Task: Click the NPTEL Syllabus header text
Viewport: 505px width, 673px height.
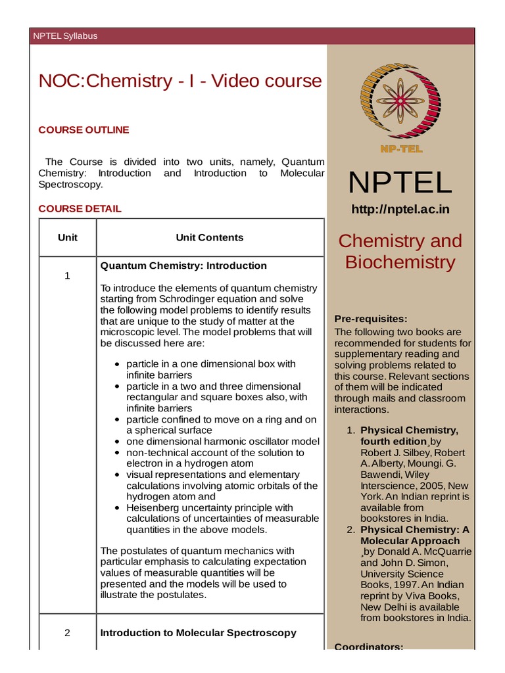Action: click(65, 36)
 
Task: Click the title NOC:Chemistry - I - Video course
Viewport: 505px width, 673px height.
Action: click(180, 81)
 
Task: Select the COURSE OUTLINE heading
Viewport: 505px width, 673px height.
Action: click(84, 129)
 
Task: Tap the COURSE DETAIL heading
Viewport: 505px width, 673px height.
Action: click(80, 208)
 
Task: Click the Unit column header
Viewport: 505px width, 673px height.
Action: click(67, 237)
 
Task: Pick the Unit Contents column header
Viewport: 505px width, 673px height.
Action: click(209, 237)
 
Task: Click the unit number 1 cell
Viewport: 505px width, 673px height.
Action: click(67, 275)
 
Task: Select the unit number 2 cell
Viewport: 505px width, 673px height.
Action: click(67, 633)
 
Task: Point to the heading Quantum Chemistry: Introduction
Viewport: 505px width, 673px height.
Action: click(183, 266)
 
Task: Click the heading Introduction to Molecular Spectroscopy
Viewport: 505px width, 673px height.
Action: click(198, 633)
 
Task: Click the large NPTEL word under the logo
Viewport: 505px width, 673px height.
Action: click(400, 182)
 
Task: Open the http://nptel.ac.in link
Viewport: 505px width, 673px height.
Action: click(400, 210)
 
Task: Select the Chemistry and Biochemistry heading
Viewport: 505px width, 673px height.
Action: click(400, 251)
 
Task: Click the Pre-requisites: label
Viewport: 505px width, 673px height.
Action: click(366, 318)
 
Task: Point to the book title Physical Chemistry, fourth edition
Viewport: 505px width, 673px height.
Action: click(409, 436)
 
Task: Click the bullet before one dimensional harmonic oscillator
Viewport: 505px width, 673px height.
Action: click(116, 442)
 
